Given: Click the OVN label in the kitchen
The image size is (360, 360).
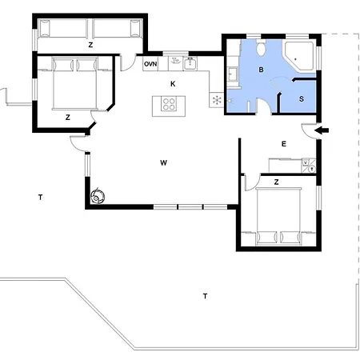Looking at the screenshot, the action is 150,64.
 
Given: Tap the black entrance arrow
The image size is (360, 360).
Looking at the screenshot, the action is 322,130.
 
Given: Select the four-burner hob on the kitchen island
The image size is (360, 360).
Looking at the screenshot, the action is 169,104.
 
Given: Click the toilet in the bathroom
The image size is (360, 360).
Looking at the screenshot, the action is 261,47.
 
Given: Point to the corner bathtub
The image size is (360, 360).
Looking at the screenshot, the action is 298,56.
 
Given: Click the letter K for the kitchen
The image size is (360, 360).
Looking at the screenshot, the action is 173,84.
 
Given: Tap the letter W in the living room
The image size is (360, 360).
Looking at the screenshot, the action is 163,162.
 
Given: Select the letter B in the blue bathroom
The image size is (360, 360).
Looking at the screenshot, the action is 261,70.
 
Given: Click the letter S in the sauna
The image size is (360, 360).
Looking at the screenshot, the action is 302,99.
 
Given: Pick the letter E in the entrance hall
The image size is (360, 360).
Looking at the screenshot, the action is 284,144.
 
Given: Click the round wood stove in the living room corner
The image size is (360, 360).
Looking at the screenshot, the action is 98,197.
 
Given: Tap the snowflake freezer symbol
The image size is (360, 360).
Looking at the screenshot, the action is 217,100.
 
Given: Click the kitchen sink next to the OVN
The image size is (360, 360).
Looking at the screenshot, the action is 190,64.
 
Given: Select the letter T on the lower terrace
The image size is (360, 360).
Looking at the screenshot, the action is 205,296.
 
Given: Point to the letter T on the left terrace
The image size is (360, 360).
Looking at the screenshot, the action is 40,198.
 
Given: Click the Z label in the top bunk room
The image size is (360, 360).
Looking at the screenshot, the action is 90,45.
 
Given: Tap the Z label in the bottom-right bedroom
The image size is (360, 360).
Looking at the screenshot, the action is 276,182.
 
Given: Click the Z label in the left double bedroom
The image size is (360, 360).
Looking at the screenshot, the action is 68,118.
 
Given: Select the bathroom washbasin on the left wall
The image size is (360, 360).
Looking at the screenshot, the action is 232,74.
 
